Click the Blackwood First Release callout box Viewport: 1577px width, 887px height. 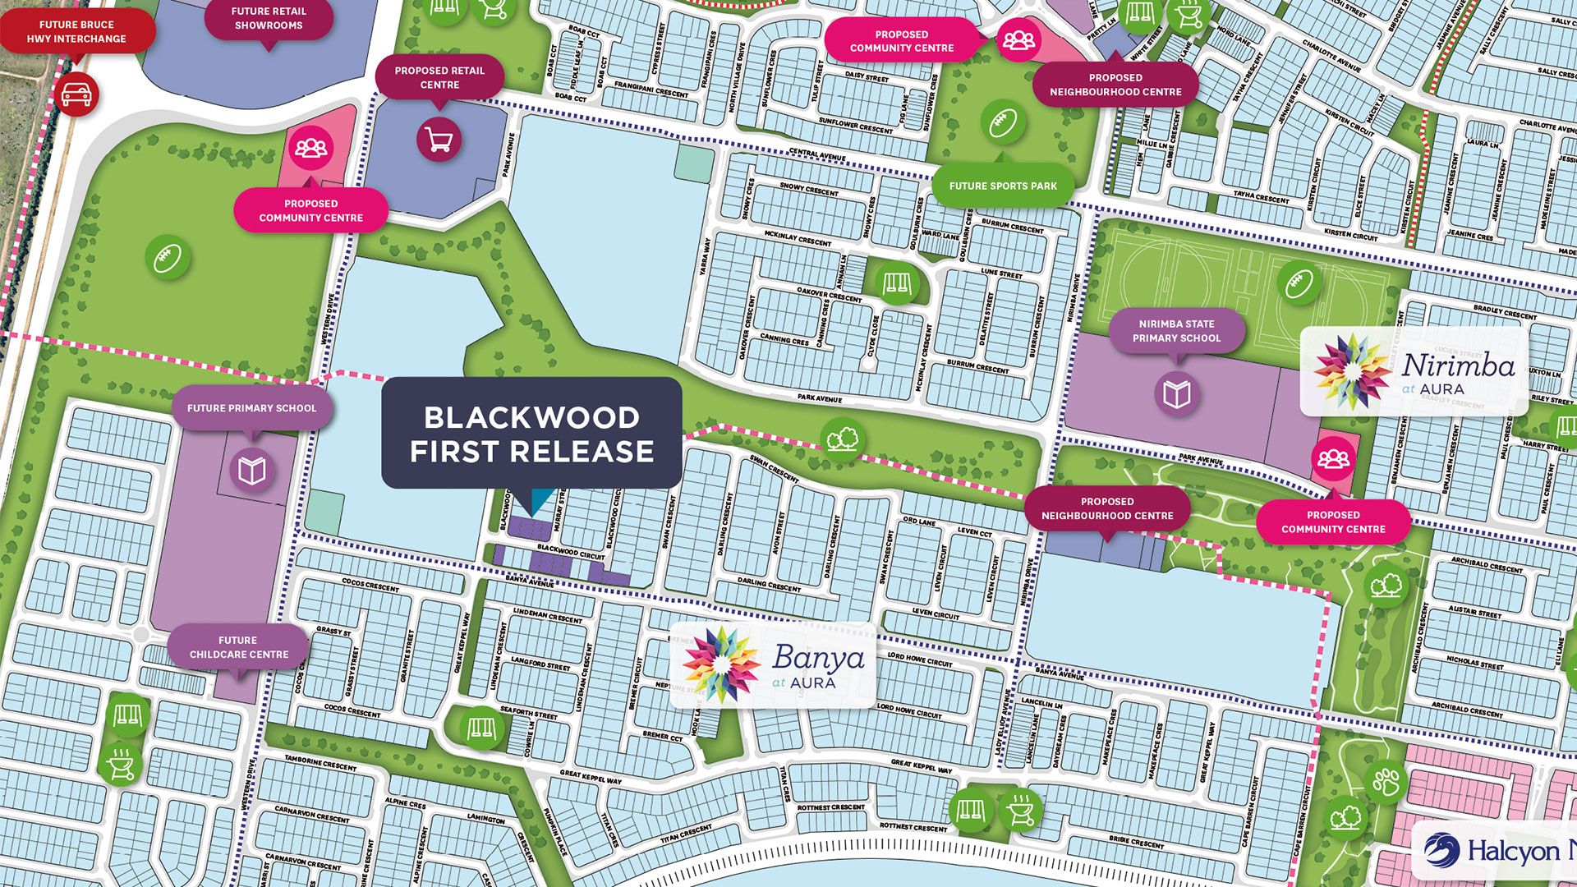click(531, 434)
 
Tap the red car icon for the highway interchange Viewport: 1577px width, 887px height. click(80, 94)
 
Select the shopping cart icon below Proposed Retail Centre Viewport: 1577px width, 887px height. click(439, 140)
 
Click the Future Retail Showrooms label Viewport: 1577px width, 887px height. click(269, 19)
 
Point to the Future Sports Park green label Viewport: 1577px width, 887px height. click(1003, 186)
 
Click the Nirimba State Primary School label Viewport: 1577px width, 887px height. click(1176, 331)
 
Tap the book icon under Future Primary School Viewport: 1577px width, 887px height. click(251, 471)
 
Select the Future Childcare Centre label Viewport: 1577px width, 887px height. click(238, 647)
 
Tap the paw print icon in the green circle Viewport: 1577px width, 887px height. click(1386, 781)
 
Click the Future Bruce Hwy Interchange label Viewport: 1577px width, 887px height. click(76, 31)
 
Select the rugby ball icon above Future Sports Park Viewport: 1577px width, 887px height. click(1003, 123)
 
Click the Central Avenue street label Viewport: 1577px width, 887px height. click(816, 154)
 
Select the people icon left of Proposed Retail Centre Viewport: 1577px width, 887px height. click(311, 148)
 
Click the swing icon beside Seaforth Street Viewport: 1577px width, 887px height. click(481, 728)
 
